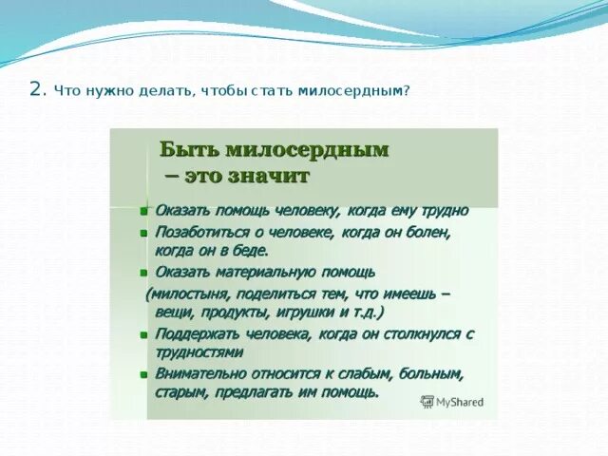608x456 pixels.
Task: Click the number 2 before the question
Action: pos(36,90)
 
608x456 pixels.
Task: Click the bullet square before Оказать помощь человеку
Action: pos(143,212)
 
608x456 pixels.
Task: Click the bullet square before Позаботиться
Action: pos(143,234)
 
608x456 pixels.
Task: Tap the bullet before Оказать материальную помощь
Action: pos(143,273)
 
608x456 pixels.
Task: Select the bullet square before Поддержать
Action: pos(143,335)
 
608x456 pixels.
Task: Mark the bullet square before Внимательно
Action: pos(143,375)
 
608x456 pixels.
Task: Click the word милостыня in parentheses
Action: pos(189,294)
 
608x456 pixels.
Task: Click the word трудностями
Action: pos(199,352)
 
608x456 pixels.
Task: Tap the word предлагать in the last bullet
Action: pos(254,392)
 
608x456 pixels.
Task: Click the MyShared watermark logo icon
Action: pos(427,402)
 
